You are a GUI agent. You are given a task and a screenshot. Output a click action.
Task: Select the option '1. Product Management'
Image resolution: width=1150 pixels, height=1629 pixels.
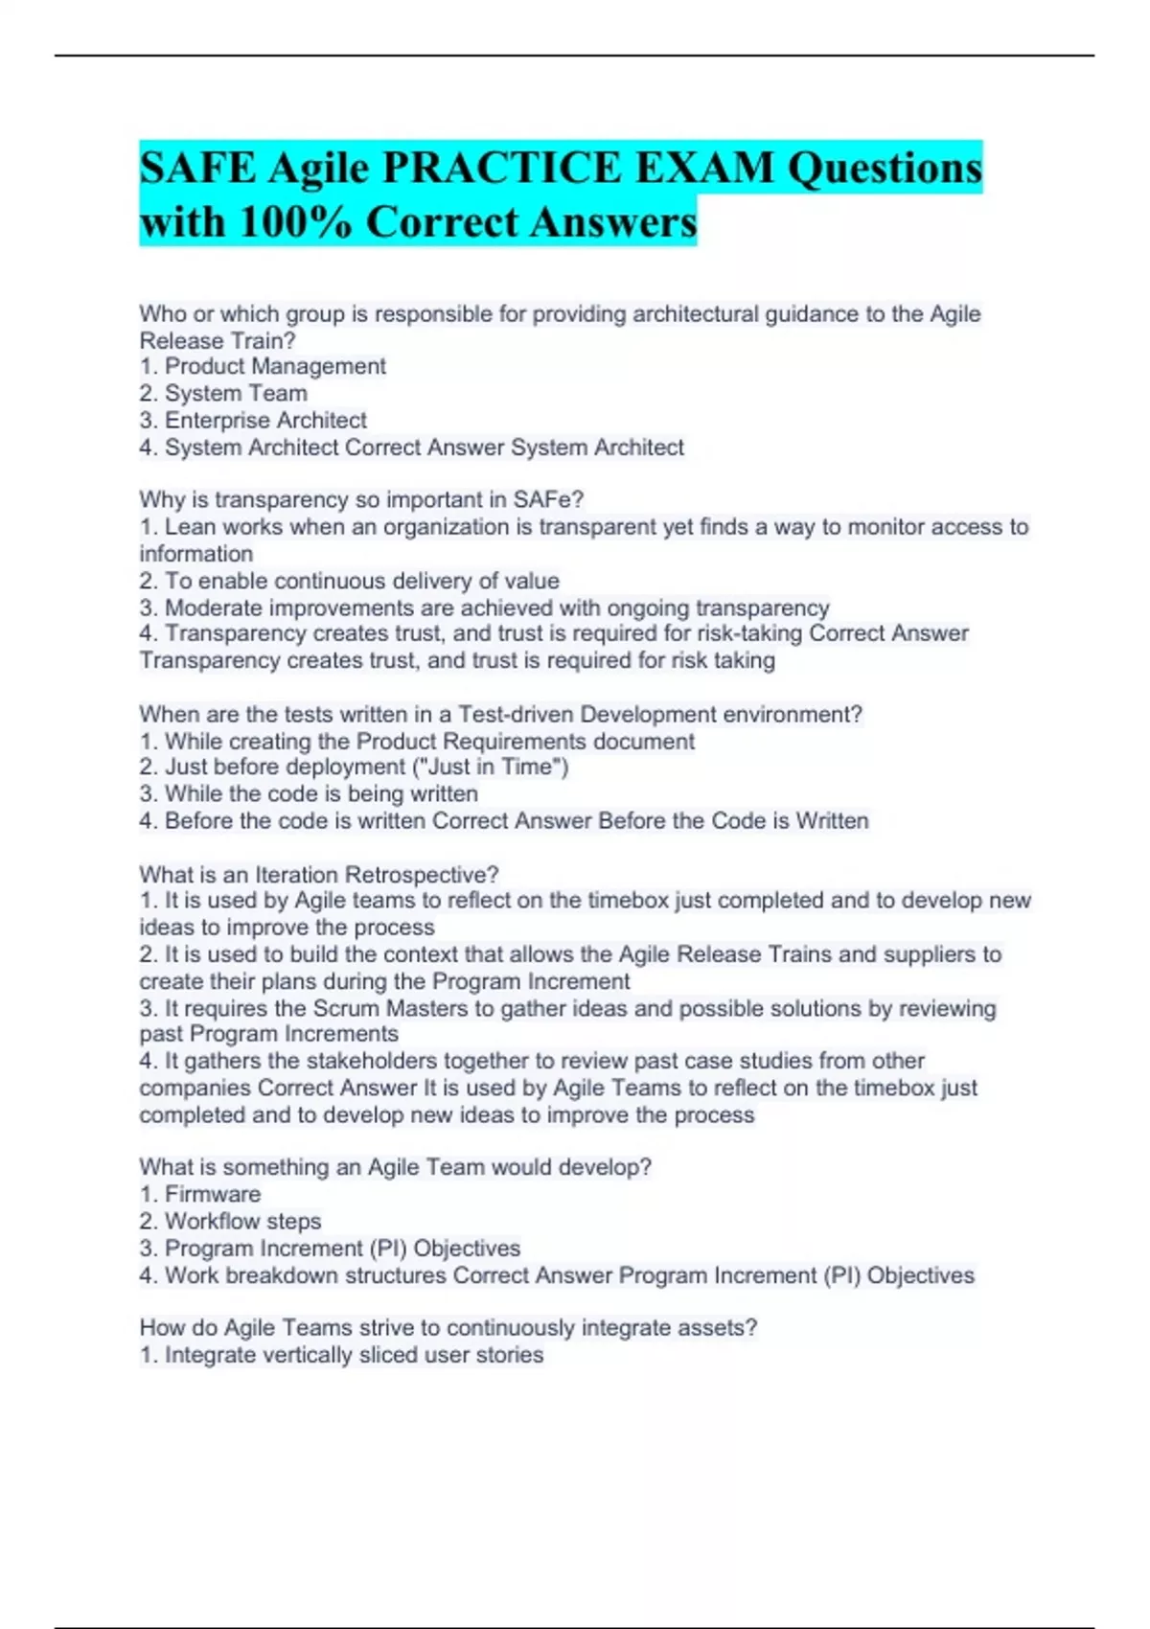(263, 366)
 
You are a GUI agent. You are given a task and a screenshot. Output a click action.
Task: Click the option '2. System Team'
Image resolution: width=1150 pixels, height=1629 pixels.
(223, 393)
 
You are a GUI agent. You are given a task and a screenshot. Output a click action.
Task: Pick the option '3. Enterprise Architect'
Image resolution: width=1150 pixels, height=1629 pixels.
(253, 420)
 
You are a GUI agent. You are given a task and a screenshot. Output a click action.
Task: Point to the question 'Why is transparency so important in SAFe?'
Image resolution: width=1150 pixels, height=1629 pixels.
(361, 499)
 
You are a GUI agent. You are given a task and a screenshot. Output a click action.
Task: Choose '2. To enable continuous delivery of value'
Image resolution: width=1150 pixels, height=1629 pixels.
(349, 581)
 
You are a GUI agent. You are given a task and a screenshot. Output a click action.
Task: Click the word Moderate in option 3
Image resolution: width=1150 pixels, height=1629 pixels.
(214, 608)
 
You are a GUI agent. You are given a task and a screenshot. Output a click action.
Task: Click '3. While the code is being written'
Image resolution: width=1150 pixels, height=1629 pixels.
(309, 793)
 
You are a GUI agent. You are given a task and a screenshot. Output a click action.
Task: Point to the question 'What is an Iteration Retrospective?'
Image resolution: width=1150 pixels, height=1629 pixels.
(319, 874)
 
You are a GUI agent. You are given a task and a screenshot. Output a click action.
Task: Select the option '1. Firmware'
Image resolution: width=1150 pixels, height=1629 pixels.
(200, 1194)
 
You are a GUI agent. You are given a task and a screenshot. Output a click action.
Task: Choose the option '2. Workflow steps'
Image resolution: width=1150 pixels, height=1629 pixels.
(230, 1221)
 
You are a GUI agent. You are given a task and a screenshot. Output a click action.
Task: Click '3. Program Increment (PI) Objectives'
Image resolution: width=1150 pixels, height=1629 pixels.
(330, 1248)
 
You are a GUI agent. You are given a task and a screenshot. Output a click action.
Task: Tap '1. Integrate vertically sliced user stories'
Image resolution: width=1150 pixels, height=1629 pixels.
(341, 1355)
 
